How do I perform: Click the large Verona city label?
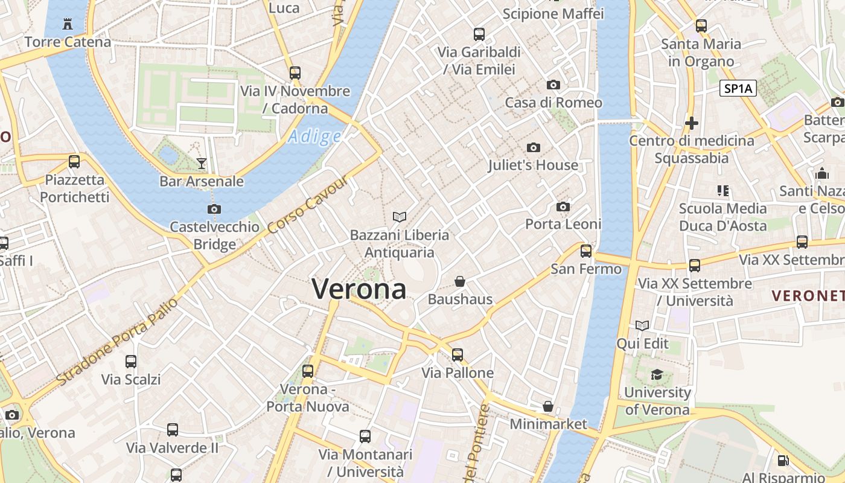point(359,289)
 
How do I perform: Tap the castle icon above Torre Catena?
point(68,24)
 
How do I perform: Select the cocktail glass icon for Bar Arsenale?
point(201,163)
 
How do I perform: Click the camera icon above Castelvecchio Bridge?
point(214,209)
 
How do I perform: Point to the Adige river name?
point(314,137)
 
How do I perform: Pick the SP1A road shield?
point(738,89)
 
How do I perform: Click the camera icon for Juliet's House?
point(533,147)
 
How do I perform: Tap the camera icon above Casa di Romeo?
point(553,85)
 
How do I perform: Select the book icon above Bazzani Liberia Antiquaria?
point(399,216)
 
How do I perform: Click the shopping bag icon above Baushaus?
point(460,281)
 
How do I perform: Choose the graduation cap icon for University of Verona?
point(657,375)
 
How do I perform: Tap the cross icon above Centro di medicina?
point(692,123)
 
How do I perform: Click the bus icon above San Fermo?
point(586,251)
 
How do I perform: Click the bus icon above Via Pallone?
point(458,354)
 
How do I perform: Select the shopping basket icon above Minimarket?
point(548,406)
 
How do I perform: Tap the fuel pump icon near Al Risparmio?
point(783,460)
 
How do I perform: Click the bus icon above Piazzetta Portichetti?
point(74,162)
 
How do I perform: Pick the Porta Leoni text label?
point(563,224)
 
